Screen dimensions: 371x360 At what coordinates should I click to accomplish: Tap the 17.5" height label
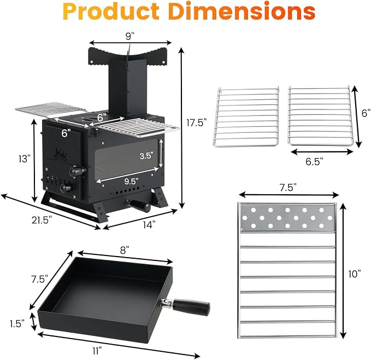pyautogui.click(x=196, y=123)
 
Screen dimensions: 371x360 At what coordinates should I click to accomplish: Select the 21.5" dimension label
pyautogui.click(x=42, y=220)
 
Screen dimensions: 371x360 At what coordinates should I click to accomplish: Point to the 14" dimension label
pyautogui.click(x=149, y=224)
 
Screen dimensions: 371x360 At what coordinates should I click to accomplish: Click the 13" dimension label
pyautogui.click(x=25, y=159)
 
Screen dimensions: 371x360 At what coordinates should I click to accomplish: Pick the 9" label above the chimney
pyautogui.click(x=130, y=36)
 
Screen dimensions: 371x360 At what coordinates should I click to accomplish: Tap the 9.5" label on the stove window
pyautogui.click(x=131, y=182)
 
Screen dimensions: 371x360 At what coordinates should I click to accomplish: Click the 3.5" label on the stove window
pyautogui.click(x=146, y=156)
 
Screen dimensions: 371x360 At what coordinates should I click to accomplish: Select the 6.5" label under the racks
pyautogui.click(x=314, y=162)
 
